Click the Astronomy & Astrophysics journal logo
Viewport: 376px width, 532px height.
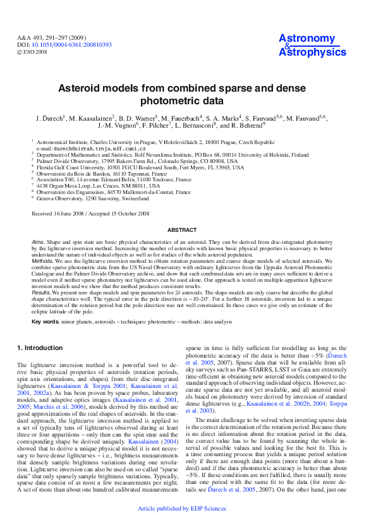click(x=307, y=45)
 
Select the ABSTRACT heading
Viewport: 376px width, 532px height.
click(x=188, y=231)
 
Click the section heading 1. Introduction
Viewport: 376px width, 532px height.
click(x=40, y=348)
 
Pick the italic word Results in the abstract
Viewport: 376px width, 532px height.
click(x=41, y=291)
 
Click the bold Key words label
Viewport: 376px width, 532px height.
click(x=45, y=322)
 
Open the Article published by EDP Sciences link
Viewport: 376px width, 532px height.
click(x=181, y=525)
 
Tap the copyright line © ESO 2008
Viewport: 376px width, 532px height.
click(x=32, y=52)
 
